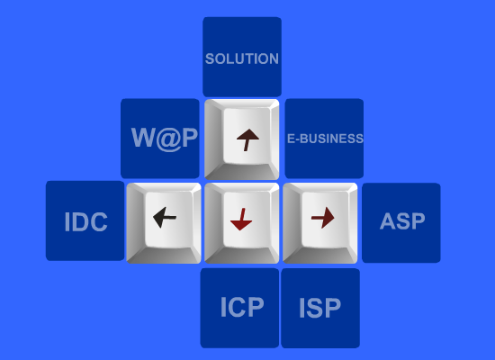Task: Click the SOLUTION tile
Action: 242,57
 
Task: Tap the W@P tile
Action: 160,139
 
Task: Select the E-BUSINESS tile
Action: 324,139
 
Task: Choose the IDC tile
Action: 85,220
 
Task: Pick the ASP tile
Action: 401,222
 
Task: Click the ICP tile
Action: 239,308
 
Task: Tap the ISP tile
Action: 320,308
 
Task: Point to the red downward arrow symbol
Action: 241,220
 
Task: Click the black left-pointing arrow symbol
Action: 165,217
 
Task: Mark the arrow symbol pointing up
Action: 247,139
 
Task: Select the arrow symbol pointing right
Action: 322,218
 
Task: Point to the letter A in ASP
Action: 388,221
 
